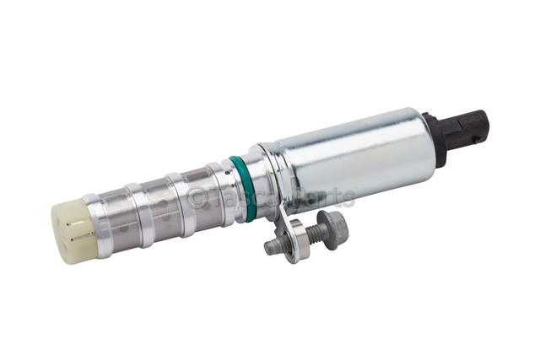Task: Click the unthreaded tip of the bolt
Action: tap(272, 246)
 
